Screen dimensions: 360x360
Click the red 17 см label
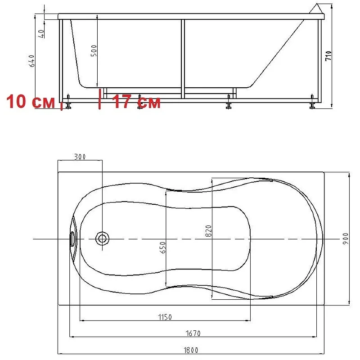click(137, 102)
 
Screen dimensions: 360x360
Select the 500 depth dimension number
click(94, 51)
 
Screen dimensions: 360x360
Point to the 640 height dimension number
click(31, 61)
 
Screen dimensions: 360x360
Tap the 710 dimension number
click(328, 56)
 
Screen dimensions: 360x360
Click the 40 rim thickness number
click(41, 34)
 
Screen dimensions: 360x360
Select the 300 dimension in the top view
click(80, 157)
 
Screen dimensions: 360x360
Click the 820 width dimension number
click(208, 231)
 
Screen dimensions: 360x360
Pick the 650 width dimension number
click(162, 247)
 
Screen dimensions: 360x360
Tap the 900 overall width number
click(346, 239)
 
